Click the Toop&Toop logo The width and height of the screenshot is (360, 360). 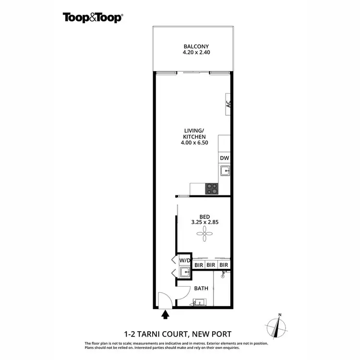[x=93, y=18]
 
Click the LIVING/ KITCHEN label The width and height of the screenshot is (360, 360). [x=195, y=133]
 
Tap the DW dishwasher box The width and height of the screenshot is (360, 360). [x=224, y=158]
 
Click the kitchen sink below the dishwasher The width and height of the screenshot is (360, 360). [x=224, y=170]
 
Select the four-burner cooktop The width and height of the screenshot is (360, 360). [x=212, y=188]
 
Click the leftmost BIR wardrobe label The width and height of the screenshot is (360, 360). [x=198, y=264]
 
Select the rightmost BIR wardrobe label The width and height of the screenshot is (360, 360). [x=223, y=264]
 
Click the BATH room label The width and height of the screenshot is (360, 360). [x=201, y=288]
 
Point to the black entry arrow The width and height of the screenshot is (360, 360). [x=166, y=315]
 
